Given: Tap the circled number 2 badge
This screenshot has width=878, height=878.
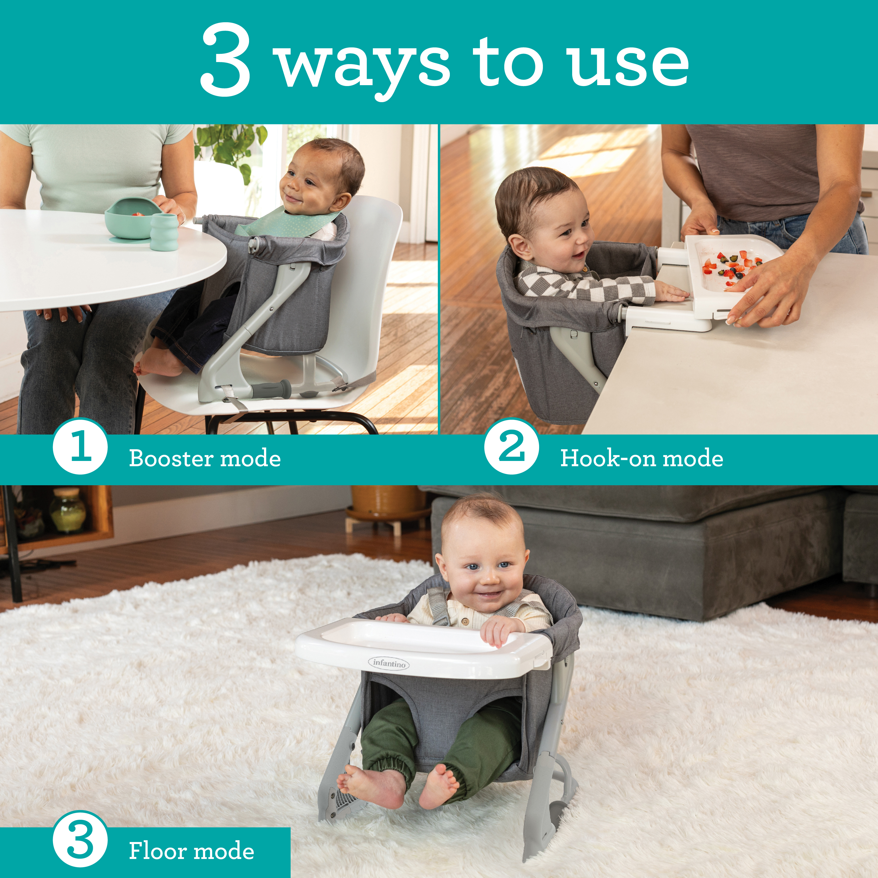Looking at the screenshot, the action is click(x=511, y=446).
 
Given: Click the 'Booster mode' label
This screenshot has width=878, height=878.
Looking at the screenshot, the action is click(x=205, y=458).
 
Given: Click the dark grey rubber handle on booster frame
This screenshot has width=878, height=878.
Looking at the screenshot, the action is click(x=271, y=389).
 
